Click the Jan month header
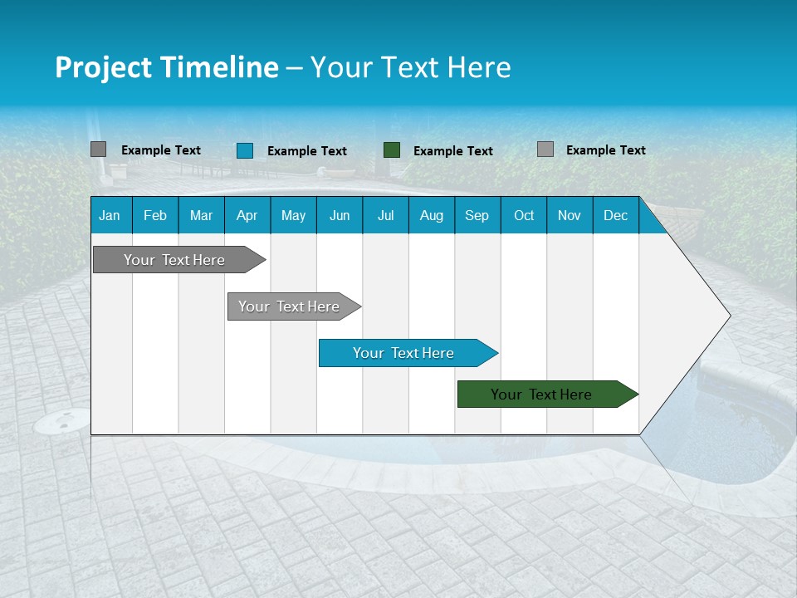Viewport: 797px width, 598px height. click(x=110, y=215)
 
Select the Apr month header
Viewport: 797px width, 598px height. click(x=247, y=215)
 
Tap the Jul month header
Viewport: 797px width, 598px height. click(x=385, y=215)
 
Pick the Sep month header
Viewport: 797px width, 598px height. click(x=477, y=215)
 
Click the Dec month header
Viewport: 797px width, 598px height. click(x=615, y=215)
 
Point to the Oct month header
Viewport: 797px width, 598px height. click(x=524, y=215)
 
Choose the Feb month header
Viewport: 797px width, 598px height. click(x=155, y=215)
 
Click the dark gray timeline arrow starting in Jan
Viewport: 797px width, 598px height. click(x=174, y=260)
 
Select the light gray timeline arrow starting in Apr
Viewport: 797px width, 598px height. click(x=289, y=306)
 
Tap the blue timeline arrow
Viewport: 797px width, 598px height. click(x=403, y=353)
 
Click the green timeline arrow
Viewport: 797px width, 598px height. click(x=541, y=395)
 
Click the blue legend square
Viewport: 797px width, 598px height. click(x=245, y=150)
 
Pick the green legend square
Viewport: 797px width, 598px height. click(x=392, y=150)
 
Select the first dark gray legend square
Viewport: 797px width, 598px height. click(x=98, y=149)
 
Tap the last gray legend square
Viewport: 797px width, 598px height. click(x=545, y=149)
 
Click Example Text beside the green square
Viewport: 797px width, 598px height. click(x=453, y=151)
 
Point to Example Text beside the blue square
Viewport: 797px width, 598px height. click(x=307, y=151)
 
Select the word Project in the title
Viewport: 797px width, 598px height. click(x=104, y=67)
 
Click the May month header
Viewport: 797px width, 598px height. click(x=293, y=215)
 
